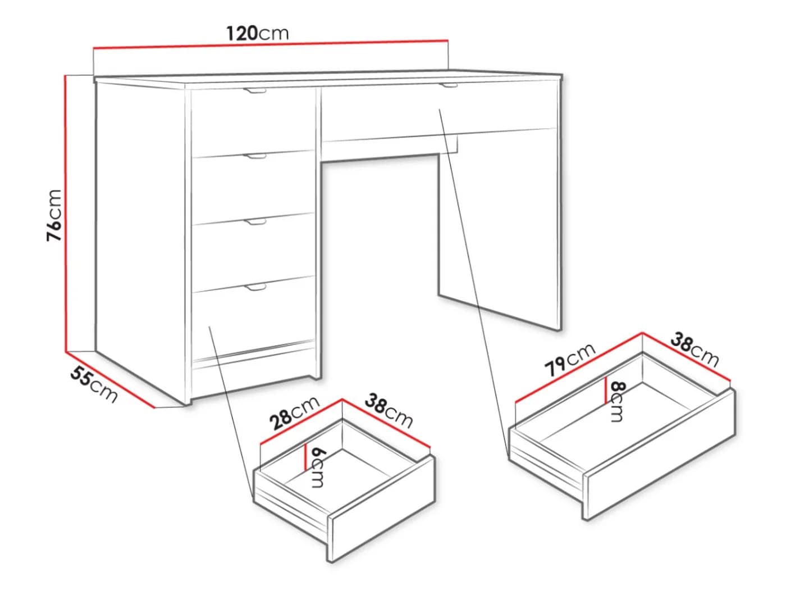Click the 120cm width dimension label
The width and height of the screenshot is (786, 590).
click(258, 33)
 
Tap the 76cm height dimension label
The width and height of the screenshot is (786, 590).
click(54, 215)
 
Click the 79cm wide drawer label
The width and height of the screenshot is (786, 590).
click(570, 360)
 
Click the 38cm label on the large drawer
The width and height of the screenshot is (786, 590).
click(694, 350)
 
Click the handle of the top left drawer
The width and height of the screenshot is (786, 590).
click(255, 90)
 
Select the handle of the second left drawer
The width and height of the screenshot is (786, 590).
click(255, 156)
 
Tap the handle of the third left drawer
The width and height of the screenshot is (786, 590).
click(255, 223)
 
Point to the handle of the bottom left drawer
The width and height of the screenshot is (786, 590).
click(255, 287)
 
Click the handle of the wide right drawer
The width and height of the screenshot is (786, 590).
click(449, 85)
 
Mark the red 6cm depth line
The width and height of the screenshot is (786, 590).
click(305, 456)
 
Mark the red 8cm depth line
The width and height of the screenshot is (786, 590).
click(606, 391)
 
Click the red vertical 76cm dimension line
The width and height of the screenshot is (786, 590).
click(66, 214)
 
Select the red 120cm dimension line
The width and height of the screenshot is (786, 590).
click(271, 44)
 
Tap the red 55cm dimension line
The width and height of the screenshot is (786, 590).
click(110, 380)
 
